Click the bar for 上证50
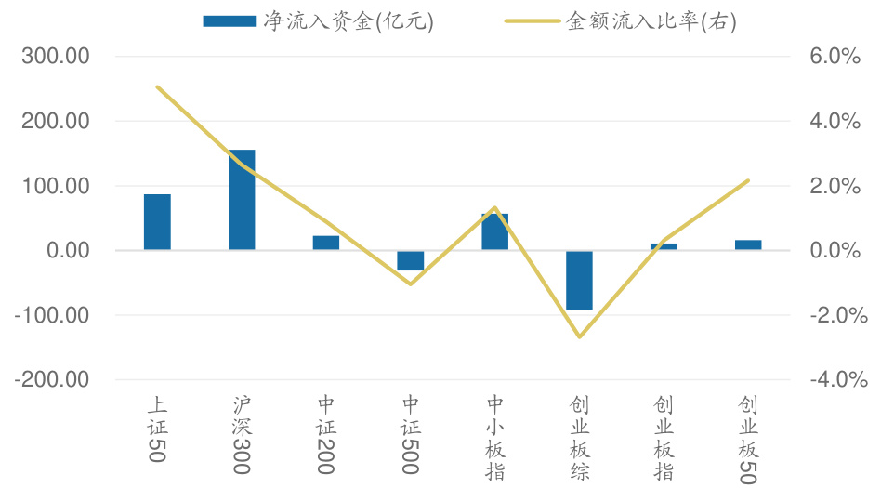pos(157,222)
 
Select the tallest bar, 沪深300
pos(242,200)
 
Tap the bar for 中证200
pos(326,243)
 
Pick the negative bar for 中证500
pos(411,260)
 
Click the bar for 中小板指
pos(495,231)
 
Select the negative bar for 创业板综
pos(580,280)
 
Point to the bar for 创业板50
pos(748,245)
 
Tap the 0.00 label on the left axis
pos(66,251)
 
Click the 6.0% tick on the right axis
pos(835,57)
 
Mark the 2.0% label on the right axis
pos(835,186)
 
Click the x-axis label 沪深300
pos(242,434)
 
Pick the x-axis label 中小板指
pos(495,437)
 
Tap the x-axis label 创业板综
pos(580,437)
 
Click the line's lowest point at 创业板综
pos(580,336)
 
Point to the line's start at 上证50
pos(157,86)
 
